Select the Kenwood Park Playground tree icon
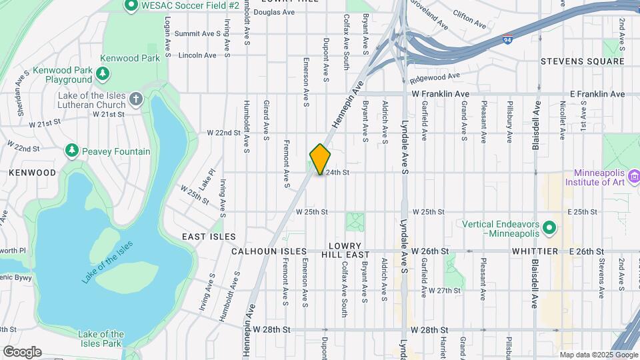(102, 72)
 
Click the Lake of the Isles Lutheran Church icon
(136, 101)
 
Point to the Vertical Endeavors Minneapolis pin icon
(550, 229)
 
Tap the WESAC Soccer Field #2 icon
(131, 5)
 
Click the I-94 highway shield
(508, 39)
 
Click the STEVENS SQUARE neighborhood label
(583, 61)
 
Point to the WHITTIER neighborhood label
(535, 251)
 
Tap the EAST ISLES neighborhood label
(209, 237)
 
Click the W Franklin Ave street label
(441, 95)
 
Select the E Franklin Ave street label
(596, 95)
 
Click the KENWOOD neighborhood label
(33, 172)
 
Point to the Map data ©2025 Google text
(598, 355)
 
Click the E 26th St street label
(586, 251)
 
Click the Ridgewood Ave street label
(436, 79)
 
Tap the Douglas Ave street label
(274, 12)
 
